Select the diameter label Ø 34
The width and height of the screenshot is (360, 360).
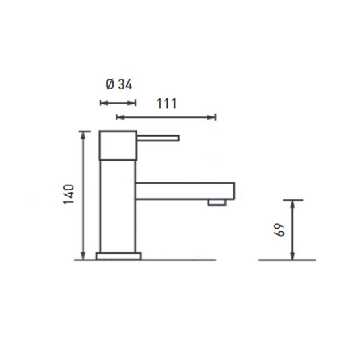[118, 85]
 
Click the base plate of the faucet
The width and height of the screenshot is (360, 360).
[119, 256]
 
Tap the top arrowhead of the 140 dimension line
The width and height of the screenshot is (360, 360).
[83, 134]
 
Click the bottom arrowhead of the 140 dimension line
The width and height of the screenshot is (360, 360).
[83, 256]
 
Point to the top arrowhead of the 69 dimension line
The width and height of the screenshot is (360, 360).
[291, 203]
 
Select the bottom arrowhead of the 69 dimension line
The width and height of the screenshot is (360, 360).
[291, 256]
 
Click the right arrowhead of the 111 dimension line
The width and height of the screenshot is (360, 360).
[213, 118]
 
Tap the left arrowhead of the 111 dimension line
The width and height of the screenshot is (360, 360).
[120, 118]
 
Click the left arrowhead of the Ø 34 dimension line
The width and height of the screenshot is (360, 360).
[102, 102]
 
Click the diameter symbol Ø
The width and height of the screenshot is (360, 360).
[110, 85]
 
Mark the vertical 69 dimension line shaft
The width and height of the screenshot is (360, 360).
[291, 229]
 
